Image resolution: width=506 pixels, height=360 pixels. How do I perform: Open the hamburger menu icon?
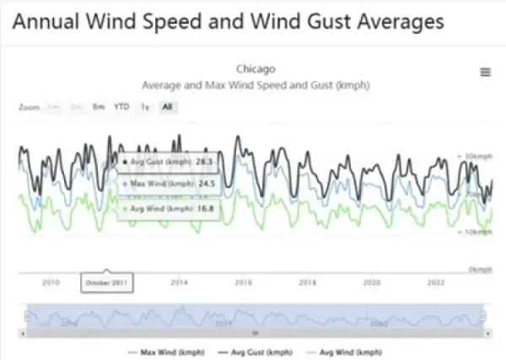tap(485, 73)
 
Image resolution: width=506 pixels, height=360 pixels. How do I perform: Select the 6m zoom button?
tap(99, 107)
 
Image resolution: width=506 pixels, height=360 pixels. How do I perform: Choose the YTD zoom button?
tap(121, 107)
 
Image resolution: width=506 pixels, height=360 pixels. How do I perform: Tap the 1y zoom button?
tap(145, 107)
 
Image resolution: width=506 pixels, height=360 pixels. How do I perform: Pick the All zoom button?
tap(168, 107)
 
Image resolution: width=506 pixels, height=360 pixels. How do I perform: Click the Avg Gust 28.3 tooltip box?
tap(169, 159)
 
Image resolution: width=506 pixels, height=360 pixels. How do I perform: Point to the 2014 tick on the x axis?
tap(179, 282)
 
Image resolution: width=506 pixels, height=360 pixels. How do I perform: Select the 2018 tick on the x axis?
tap(308, 282)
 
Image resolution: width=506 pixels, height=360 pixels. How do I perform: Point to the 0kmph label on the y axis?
tap(479, 268)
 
